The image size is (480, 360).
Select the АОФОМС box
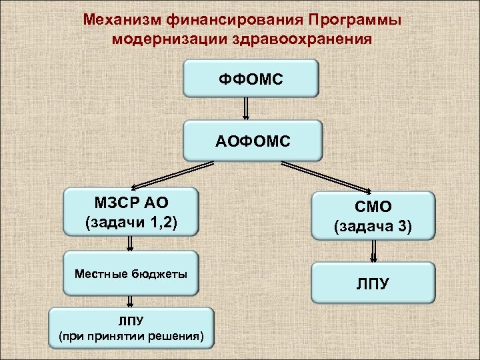[x=253, y=141]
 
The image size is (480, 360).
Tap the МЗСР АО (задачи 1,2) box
[x=131, y=211]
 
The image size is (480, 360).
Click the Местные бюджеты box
[x=131, y=273]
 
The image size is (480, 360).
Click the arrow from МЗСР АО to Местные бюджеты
[x=130, y=243]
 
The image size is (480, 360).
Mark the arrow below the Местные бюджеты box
[x=130, y=301]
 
